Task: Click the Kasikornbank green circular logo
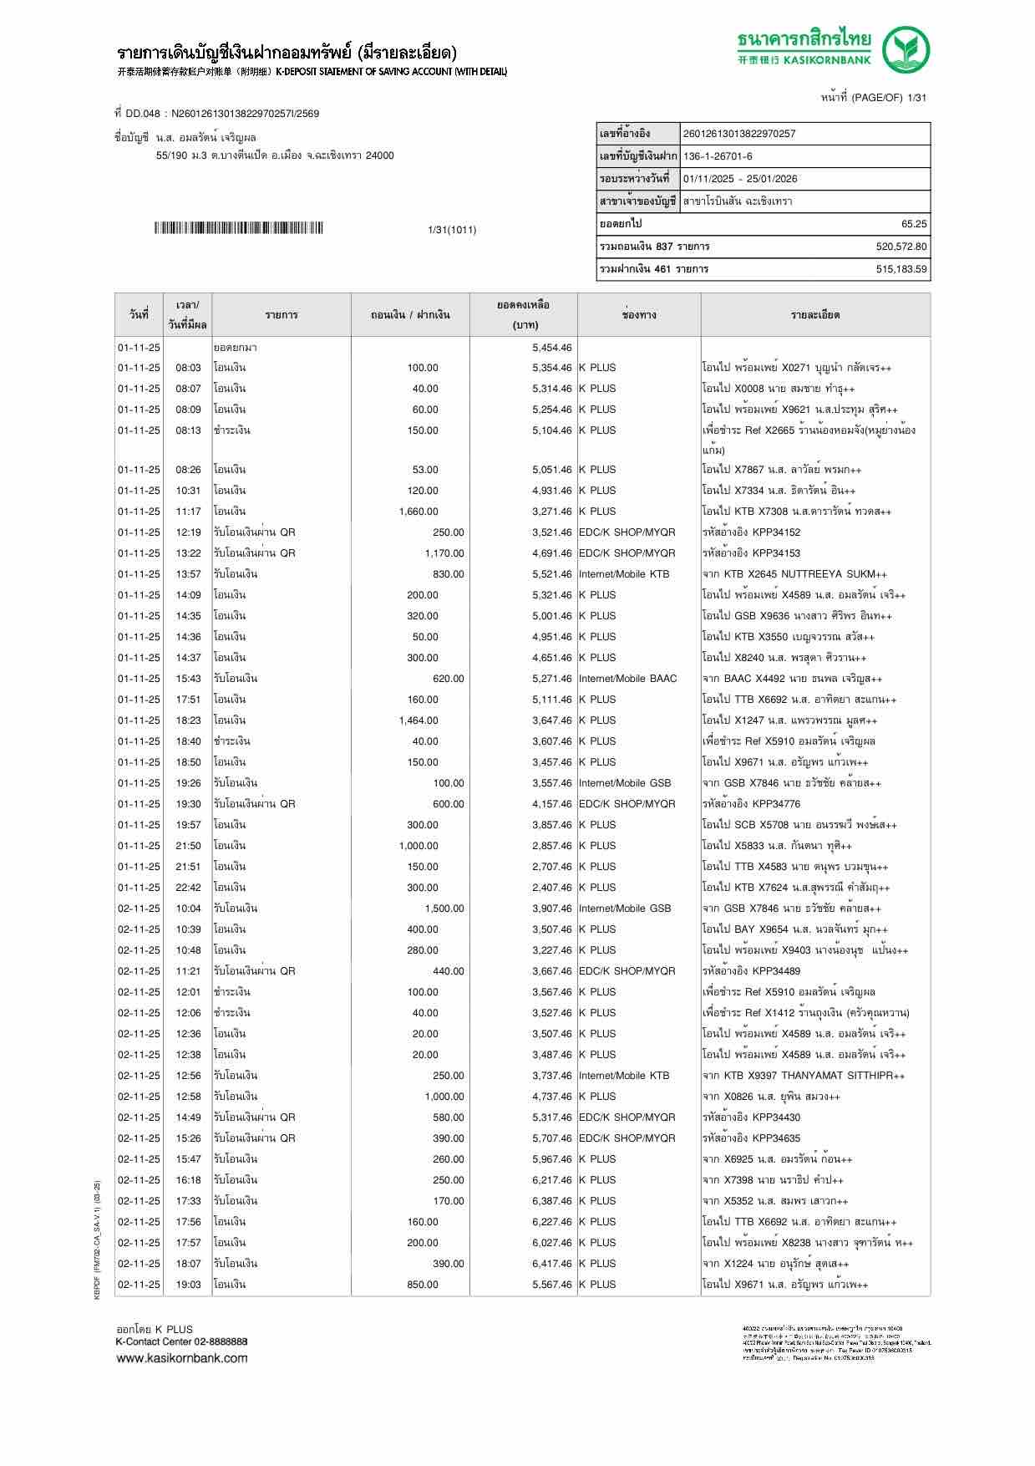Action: (x=907, y=50)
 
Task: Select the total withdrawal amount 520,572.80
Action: (x=901, y=247)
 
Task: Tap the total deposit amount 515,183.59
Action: (x=901, y=269)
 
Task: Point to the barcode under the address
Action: (x=238, y=228)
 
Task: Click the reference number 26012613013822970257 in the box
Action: (x=739, y=134)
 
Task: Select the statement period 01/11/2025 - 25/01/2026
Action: (x=740, y=179)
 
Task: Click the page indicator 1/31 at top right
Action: (x=916, y=98)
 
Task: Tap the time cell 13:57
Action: (x=188, y=574)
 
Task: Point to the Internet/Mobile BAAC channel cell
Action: (x=627, y=679)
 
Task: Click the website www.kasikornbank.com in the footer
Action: (x=181, y=1358)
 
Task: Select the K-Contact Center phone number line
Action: (x=181, y=1341)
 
